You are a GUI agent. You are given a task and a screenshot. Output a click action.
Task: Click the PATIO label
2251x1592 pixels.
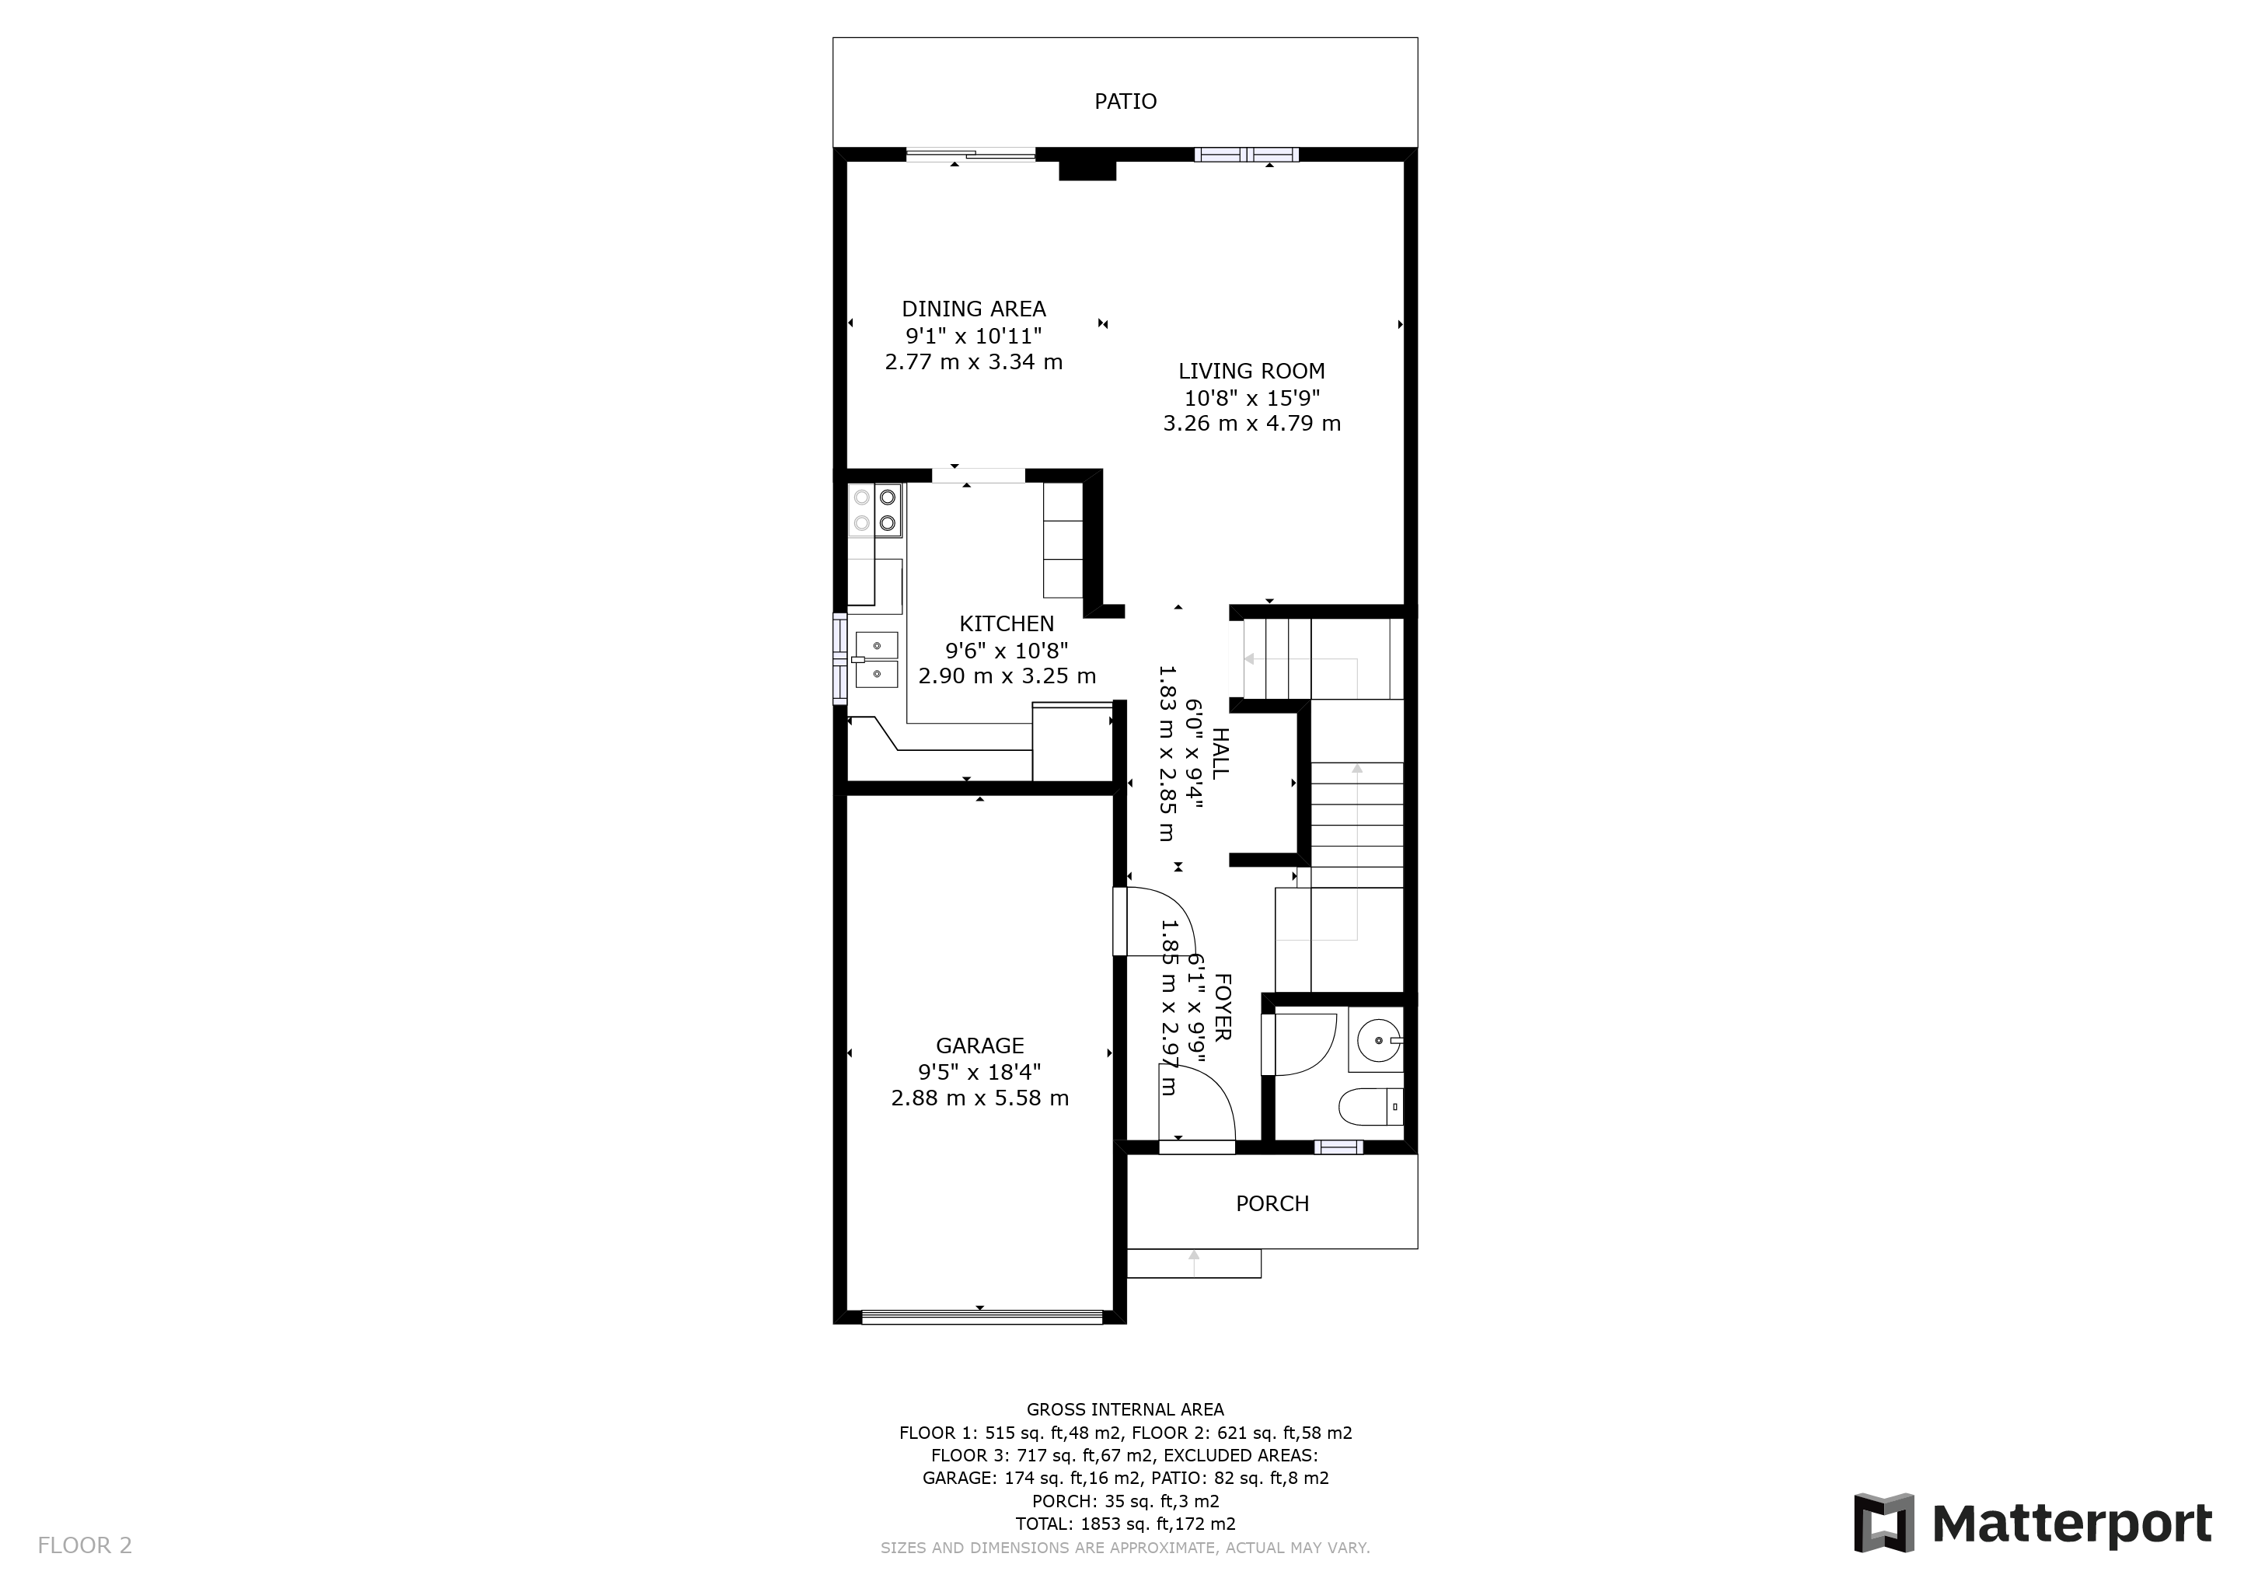(x=1125, y=101)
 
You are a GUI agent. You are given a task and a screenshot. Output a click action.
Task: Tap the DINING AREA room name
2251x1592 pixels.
(x=973, y=309)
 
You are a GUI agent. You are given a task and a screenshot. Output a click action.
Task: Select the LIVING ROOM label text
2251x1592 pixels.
(x=1251, y=371)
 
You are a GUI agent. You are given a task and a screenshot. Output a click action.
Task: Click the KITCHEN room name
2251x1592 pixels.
(x=1007, y=623)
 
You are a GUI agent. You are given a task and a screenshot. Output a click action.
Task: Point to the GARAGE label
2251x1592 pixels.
(x=979, y=1046)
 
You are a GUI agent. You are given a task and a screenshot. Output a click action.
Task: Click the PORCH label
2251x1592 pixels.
(x=1272, y=1204)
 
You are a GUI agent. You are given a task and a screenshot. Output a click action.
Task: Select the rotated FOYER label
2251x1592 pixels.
(x=1223, y=1007)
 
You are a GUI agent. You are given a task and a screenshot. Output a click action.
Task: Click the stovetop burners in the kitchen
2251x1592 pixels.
(x=874, y=511)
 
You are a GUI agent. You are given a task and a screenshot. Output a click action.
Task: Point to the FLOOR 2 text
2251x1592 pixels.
(x=84, y=1546)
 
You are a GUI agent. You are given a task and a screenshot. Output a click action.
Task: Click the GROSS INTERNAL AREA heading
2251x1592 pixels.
(x=1125, y=1409)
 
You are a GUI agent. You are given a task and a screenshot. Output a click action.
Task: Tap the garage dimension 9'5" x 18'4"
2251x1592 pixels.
(x=979, y=1073)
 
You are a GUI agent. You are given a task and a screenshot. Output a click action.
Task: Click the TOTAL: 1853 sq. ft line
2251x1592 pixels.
(x=1125, y=1524)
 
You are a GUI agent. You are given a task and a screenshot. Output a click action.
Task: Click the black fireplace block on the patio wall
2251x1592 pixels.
(x=1087, y=169)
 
